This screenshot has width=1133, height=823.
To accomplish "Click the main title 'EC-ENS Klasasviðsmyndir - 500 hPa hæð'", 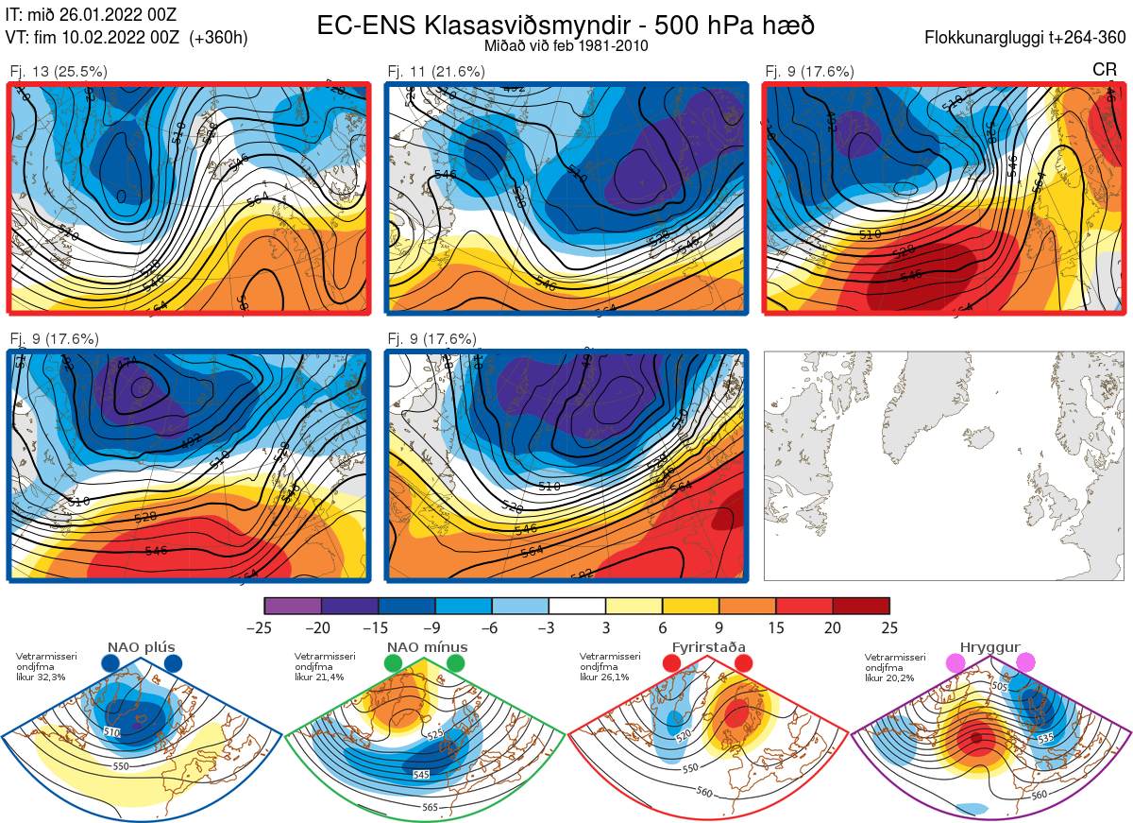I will point(566,26).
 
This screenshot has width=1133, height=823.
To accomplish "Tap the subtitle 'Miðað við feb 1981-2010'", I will point(566,45).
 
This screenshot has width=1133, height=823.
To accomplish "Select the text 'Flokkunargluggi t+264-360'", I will point(1028,38).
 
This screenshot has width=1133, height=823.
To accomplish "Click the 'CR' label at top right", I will point(1104,70).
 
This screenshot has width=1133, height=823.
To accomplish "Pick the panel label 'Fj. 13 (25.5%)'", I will point(59,71).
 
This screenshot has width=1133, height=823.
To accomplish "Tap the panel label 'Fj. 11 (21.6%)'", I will point(436,71).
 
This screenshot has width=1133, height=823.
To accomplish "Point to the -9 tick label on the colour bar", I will point(434,627).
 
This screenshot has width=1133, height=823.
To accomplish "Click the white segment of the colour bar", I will point(577,606).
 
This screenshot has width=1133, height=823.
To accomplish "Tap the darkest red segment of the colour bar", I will point(861,606).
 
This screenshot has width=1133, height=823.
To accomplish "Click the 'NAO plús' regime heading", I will point(142,647).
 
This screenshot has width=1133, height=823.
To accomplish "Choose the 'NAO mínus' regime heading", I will point(427,647).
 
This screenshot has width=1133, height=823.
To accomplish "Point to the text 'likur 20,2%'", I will point(888,677).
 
